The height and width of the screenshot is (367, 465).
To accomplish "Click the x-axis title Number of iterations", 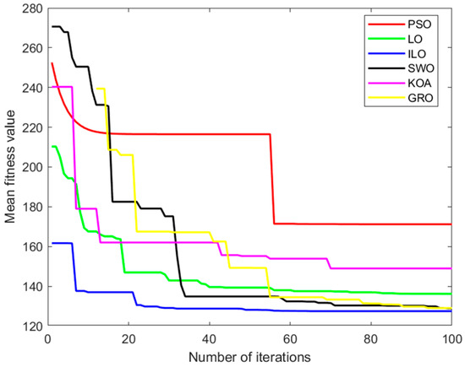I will (249, 357).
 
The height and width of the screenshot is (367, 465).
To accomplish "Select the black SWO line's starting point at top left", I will (52, 26).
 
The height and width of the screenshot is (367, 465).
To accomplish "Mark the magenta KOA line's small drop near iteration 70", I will (329, 263).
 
